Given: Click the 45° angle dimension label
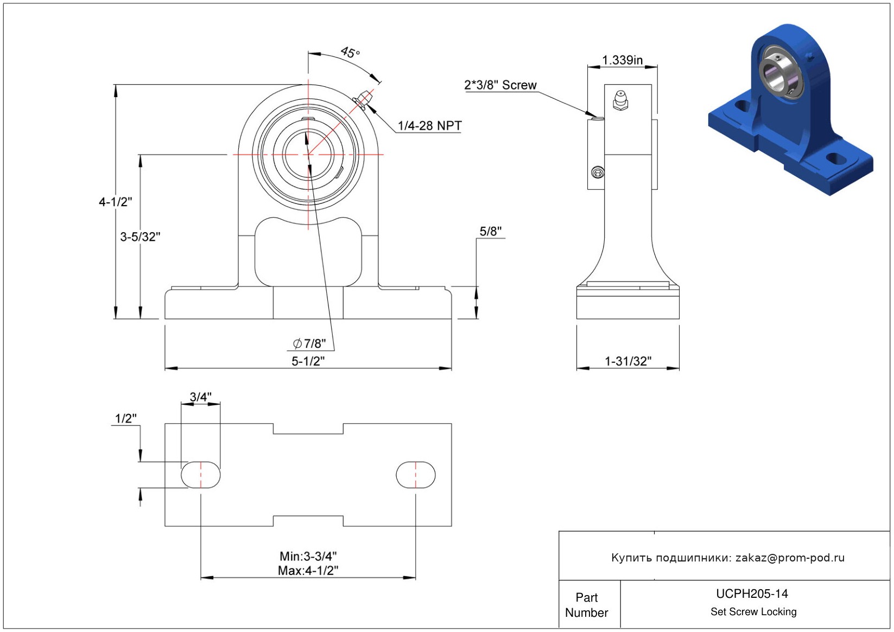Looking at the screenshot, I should tap(350, 53).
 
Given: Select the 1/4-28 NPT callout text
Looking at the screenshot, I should tap(429, 126).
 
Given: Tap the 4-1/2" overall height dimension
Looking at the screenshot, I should tap(115, 202).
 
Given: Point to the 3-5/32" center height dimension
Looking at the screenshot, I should tap(140, 237).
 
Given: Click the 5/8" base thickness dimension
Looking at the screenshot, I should tap(490, 232).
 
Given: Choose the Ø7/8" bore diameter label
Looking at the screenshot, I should tap(309, 343).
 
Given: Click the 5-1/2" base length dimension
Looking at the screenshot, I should tap(308, 361).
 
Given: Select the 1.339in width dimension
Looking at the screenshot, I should tap(622, 60).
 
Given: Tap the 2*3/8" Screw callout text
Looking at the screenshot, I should tap(500, 85).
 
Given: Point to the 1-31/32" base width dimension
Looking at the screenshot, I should tap(627, 361).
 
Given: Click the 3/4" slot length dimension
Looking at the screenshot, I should tap(200, 397).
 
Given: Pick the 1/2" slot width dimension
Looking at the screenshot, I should tap(125, 418).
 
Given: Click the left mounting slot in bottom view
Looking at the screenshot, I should tap(200, 475).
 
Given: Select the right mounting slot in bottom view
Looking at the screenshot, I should tap(415, 475).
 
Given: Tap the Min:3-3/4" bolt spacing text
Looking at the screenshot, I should tap(308, 556).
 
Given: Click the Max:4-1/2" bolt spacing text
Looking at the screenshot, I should tap(308, 570).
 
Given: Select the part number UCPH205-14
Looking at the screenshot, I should tap(752, 593).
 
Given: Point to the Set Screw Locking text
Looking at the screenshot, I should tap(753, 611).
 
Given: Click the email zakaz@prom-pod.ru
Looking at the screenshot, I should tap(790, 558).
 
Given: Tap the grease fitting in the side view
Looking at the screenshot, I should tap(620, 100).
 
